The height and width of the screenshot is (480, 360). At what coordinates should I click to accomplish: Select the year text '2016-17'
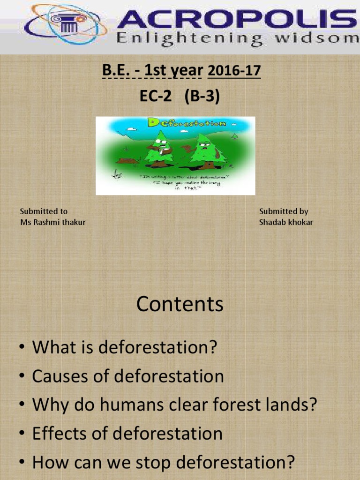tap(233, 71)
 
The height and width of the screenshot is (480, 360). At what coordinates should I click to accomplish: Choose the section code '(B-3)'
tap(202, 97)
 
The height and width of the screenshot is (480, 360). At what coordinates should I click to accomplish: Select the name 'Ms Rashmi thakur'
tap(53, 222)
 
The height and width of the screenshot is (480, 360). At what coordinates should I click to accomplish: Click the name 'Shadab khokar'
tap(286, 222)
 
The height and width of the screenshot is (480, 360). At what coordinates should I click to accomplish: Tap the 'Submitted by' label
tap(284, 211)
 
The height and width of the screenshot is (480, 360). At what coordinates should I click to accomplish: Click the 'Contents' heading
tap(180, 305)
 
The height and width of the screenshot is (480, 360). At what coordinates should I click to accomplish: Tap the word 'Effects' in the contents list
tap(60, 434)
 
